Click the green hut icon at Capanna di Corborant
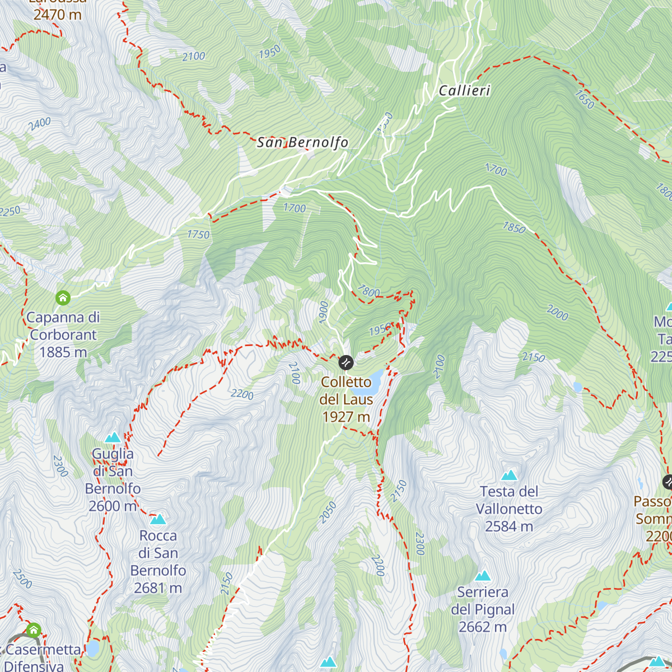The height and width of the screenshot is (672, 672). click(x=63, y=297)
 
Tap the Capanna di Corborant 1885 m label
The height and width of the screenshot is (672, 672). click(x=63, y=335)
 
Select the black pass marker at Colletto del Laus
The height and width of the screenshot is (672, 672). click(x=346, y=362)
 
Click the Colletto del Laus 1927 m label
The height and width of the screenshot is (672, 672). click(x=346, y=399)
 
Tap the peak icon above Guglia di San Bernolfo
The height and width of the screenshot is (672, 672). click(x=113, y=437)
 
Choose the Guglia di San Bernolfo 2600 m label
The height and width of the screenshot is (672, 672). click(x=113, y=480)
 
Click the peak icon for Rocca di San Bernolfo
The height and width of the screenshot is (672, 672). click(x=158, y=519)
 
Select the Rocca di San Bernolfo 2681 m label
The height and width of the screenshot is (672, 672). click(x=158, y=562)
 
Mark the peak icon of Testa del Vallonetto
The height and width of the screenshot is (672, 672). click(x=509, y=475)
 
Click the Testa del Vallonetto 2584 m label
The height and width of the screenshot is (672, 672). click(x=509, y=509)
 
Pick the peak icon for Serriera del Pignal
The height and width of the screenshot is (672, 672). click(x=483, y=576)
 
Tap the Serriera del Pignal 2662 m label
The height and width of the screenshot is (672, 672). click(x=483, y=609)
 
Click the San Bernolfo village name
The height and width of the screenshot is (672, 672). click(x=302, y=143)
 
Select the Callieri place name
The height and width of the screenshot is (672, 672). click(x=464, y=91)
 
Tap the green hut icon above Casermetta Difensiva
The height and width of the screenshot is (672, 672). click(x=34, y=630)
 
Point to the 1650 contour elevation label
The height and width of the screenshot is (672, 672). click(x=584, y=100)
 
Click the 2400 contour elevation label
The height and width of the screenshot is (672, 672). click(x=40, y=124)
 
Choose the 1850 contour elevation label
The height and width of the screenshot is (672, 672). click(x=514, y=227)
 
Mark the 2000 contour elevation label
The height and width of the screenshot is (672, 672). click(x=557, y=313)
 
